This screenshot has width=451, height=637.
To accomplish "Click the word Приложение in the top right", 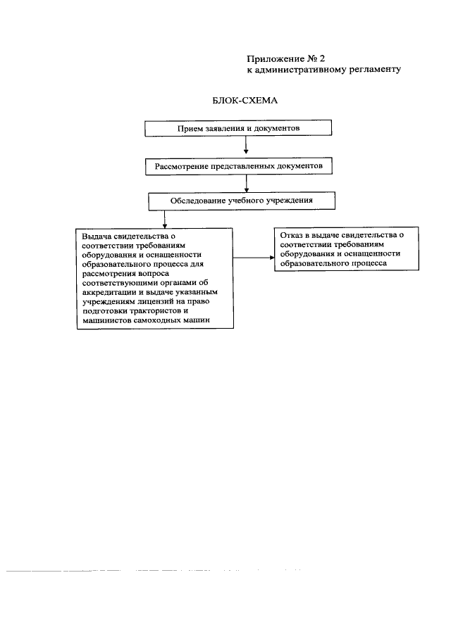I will [x=275, y=58].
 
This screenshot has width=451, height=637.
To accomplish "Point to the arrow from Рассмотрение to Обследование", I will [x=245, y=182].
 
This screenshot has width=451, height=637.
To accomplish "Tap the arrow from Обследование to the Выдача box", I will [x=164, y=218].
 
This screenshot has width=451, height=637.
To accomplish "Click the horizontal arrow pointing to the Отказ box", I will [x=254, y=257].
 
